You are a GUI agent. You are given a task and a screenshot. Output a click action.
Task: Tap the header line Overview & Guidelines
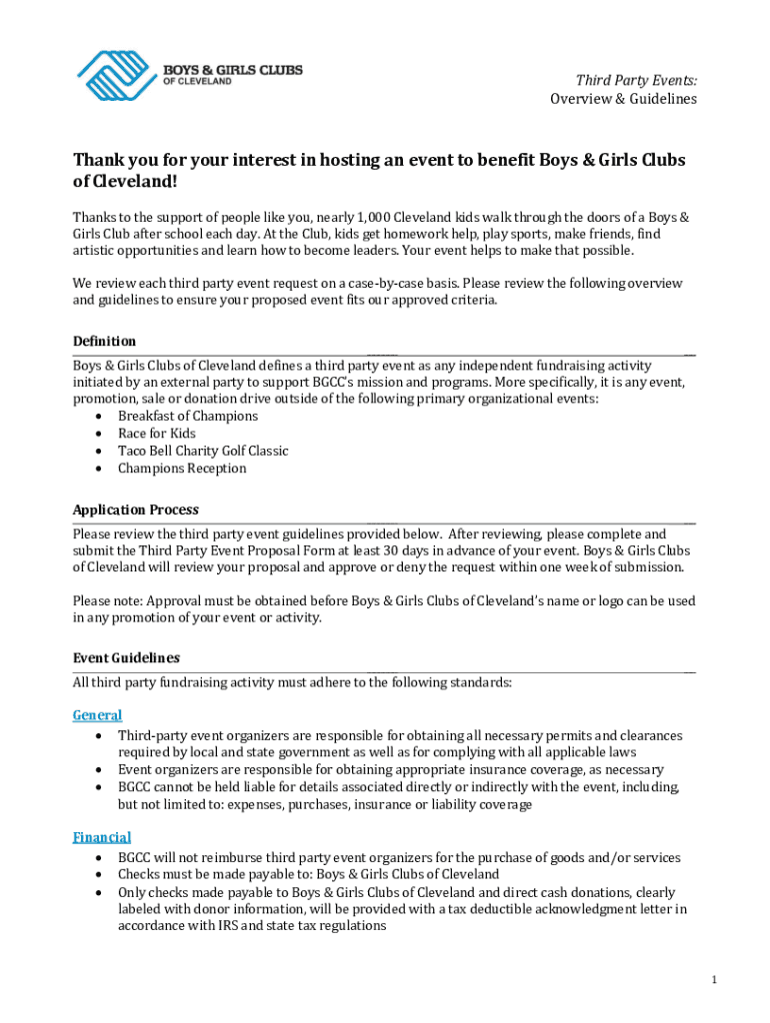tap(623, 99)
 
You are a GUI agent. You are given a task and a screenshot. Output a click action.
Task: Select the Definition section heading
tap(104, 342)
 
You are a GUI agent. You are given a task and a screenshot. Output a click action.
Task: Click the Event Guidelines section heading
tap(126, 657)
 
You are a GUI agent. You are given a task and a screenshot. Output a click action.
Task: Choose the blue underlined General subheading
tap(97, 715)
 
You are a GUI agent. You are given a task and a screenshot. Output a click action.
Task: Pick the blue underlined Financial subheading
tap(102, 837)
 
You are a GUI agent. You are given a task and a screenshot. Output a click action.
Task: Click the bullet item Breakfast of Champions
tap(188, 416)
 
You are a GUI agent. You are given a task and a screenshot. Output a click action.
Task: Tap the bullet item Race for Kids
tap(157, 434)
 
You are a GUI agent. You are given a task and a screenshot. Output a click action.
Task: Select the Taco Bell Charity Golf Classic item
tap(203, 451)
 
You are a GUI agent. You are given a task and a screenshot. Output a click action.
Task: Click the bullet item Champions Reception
tap(182, 469)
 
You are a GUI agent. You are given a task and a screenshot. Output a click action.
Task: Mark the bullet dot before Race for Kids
tap(97, 434)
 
